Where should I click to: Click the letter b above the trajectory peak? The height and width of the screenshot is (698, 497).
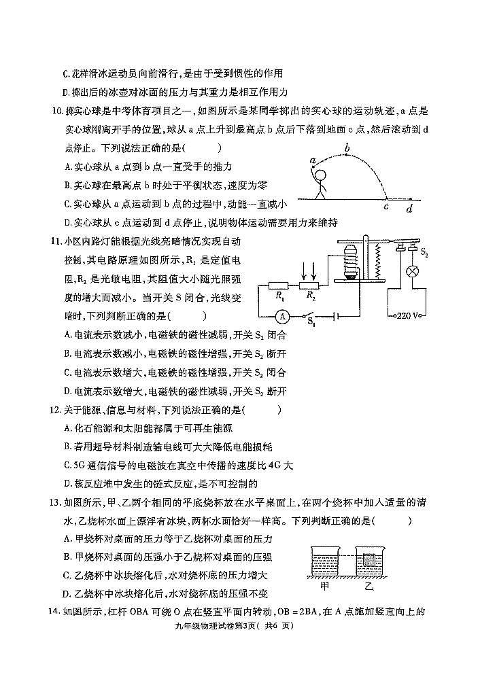pyautogui.click(x=347, y=147)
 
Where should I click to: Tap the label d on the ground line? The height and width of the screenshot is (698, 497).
pyautogui.click(x=409, y=209)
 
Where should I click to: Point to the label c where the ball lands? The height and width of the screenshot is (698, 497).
pyautogui.click(x=386, y=207)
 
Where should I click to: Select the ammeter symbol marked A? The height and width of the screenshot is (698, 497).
pyautogui.click(x=284, y=316)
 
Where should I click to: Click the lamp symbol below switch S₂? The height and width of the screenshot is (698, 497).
pyautogui.click(x=411, y=269)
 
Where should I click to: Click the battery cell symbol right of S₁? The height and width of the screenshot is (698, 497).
pyautogui.click(x=333, y=316)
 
